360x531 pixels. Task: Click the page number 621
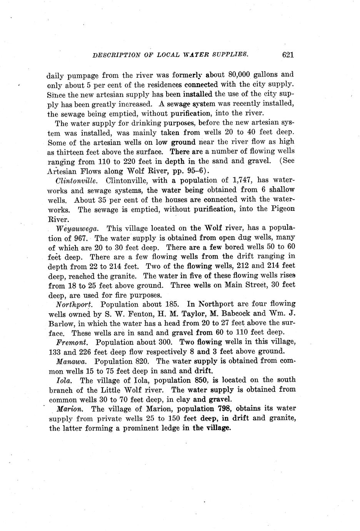tap(288, 55)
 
